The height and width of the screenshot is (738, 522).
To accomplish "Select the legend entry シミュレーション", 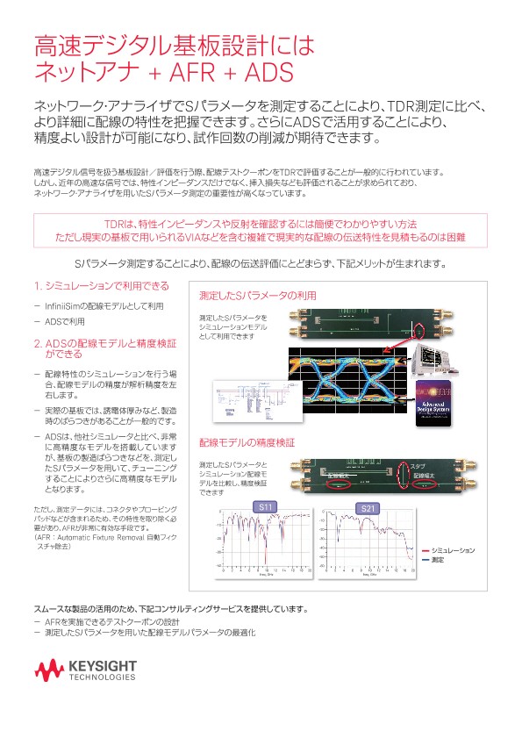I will coord(453,550).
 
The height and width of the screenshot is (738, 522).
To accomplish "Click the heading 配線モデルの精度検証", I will coord(246,443).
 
